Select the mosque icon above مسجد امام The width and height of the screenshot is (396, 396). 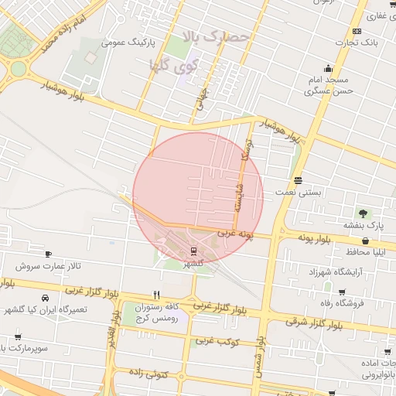tap(329, 67)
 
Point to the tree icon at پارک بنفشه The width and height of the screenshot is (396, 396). tap(363, 213)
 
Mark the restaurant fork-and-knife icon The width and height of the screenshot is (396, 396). tap(157, 295)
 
